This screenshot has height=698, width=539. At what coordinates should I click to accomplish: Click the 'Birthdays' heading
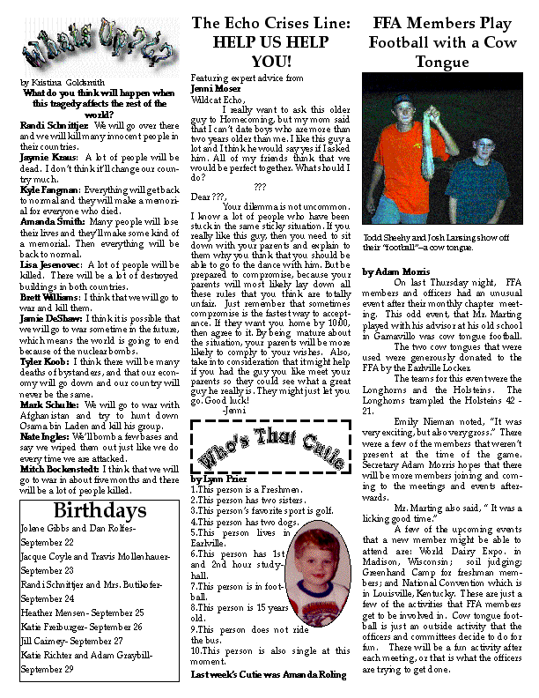(99, 512)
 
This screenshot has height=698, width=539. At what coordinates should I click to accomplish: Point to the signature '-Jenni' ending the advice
(234, 411)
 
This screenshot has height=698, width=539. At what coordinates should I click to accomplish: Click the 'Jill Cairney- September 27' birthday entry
(74, 641)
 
